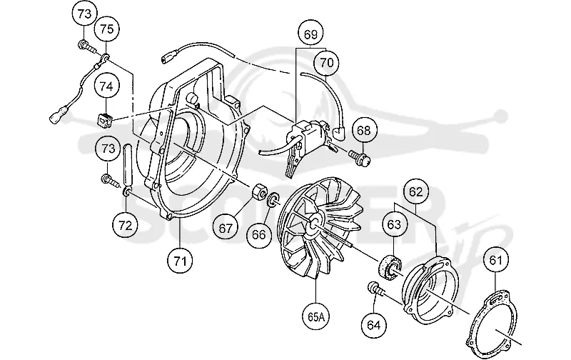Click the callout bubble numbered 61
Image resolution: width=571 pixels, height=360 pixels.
tap(495, 261)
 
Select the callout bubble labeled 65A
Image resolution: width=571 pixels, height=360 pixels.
tap(316, 316)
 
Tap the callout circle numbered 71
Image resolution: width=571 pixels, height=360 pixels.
tap(181, 261)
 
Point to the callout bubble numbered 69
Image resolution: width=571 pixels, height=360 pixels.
tap(310, 34)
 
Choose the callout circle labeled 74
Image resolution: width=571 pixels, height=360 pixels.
tap(106, 86)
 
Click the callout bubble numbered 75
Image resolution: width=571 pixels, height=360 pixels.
tap(106, 29)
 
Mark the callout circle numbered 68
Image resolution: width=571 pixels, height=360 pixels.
tap(363, 130)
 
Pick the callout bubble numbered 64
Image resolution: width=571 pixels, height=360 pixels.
tap(374, 325)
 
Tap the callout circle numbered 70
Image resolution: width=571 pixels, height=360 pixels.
tap(327, 63)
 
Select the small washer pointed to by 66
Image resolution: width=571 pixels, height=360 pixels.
tap(274, 199)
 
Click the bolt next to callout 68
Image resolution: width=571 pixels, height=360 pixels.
tap(361, 156)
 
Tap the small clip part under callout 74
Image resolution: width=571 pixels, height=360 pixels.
tap(105, 121)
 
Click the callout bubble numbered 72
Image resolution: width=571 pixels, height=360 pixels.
tap(126, 226)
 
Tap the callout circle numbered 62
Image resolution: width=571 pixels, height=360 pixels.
tap(416, 192)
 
